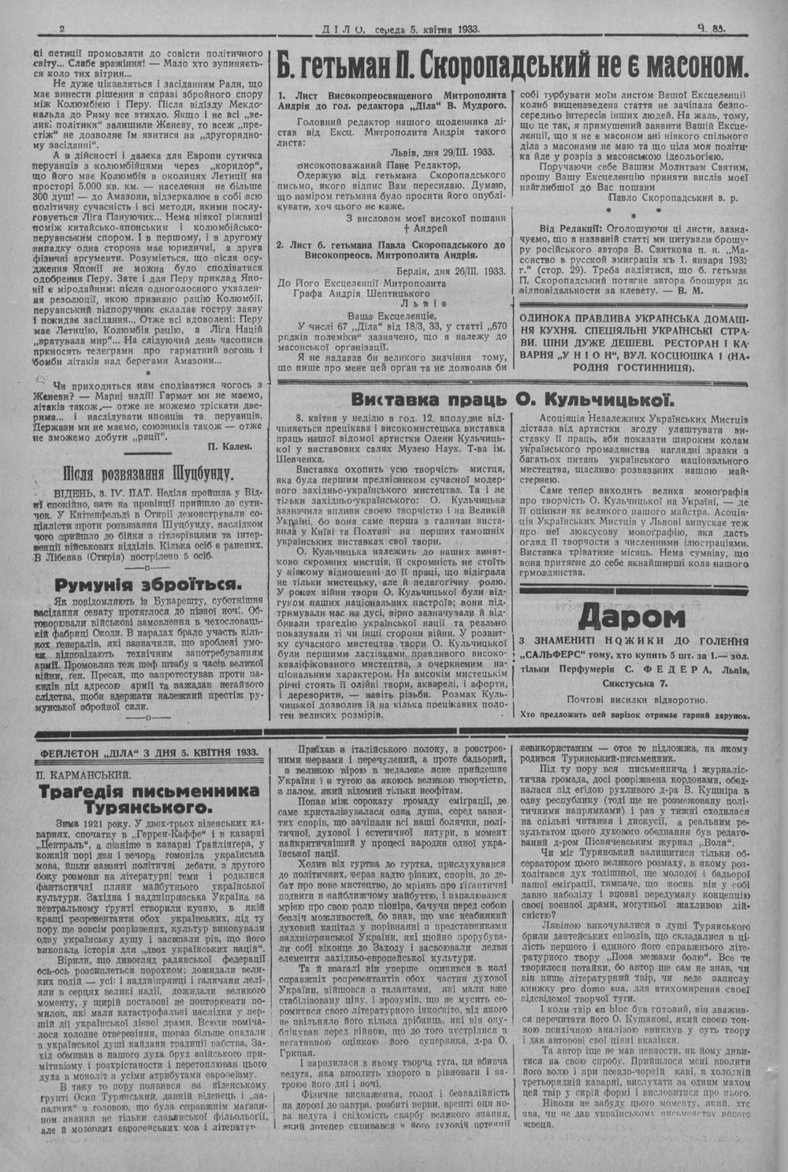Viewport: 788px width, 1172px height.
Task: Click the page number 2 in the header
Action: [x=61, y=30]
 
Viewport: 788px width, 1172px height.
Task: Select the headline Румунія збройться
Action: [x=147, y=584]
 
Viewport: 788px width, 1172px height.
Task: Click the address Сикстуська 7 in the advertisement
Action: [x=630, y=683]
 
